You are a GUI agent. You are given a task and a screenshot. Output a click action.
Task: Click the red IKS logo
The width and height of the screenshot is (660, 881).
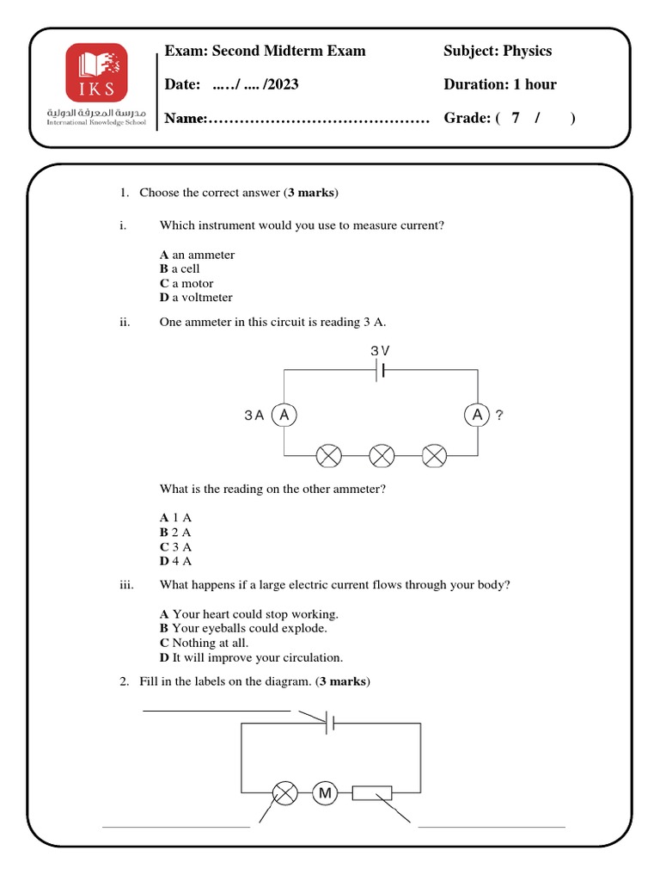coord(96,72)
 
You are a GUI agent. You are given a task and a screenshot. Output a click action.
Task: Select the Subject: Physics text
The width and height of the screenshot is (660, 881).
coord(498,51)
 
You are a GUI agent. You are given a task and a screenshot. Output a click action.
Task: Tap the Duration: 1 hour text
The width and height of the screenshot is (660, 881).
coord(499,84)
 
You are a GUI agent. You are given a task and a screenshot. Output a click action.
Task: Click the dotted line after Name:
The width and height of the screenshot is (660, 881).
coord(318,119)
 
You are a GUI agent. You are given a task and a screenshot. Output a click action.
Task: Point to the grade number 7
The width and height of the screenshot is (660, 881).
coord(516,118)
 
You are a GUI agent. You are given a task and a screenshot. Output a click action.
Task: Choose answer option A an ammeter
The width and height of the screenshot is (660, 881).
coord(197,255)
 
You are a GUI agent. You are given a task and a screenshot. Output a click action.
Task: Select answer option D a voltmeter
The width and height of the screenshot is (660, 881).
coord(196,298)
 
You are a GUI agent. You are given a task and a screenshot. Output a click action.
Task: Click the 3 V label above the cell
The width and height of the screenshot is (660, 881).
coord(380,351)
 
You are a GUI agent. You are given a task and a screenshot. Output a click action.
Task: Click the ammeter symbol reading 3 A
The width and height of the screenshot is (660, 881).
coord(284,416)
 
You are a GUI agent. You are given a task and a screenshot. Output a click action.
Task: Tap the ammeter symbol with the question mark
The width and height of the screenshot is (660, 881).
coord(477,416)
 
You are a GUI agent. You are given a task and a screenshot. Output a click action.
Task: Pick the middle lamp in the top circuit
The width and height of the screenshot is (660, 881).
coord(381,454)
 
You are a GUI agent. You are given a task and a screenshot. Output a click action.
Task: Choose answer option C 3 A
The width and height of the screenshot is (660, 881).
coord(175,546)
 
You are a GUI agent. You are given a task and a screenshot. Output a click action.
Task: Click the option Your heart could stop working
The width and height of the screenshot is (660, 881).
coord(249,614)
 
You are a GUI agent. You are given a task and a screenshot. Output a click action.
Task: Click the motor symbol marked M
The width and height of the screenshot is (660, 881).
coord(325,793)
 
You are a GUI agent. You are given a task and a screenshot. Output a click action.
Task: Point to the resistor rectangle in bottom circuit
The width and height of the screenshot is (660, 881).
coord(372,793)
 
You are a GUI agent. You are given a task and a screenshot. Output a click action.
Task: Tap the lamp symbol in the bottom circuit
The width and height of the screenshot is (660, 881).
coord(284,793)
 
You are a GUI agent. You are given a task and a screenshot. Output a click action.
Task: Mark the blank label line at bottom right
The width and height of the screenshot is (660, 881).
coord(492,826)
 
